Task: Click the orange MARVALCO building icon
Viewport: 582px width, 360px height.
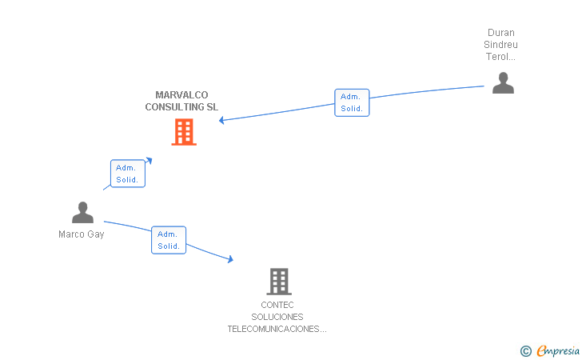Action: click(184, 132)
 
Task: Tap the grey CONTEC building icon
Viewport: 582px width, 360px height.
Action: click(278, 281)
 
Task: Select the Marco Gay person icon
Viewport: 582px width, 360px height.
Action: click(82, 213)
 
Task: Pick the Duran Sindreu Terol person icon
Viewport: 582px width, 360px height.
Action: click(503, 83)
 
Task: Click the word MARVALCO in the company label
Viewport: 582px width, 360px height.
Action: click(181, 95)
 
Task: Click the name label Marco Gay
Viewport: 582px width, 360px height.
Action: click(82, 234)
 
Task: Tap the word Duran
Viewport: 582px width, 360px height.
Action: click(501, 33)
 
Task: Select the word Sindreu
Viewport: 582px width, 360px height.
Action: click(501, 45)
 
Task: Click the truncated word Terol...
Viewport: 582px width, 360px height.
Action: click(501, 57)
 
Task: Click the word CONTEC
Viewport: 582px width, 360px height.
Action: click(277, 305)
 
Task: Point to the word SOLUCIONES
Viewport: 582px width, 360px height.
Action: click(277, 317)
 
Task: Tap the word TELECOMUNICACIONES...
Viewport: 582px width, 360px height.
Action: click(277, 329)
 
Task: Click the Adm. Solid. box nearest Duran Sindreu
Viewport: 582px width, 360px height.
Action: click(352, 102)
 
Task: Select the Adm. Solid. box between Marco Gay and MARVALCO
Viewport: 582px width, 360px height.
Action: click(128, 174)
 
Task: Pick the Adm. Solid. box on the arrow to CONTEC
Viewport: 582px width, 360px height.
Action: click(169, 240)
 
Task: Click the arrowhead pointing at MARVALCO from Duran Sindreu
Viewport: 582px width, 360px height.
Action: click(222, 120)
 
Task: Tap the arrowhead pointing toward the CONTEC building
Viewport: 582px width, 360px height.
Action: click(230, 259)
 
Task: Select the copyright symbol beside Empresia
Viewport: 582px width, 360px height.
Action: click(526, 350)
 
